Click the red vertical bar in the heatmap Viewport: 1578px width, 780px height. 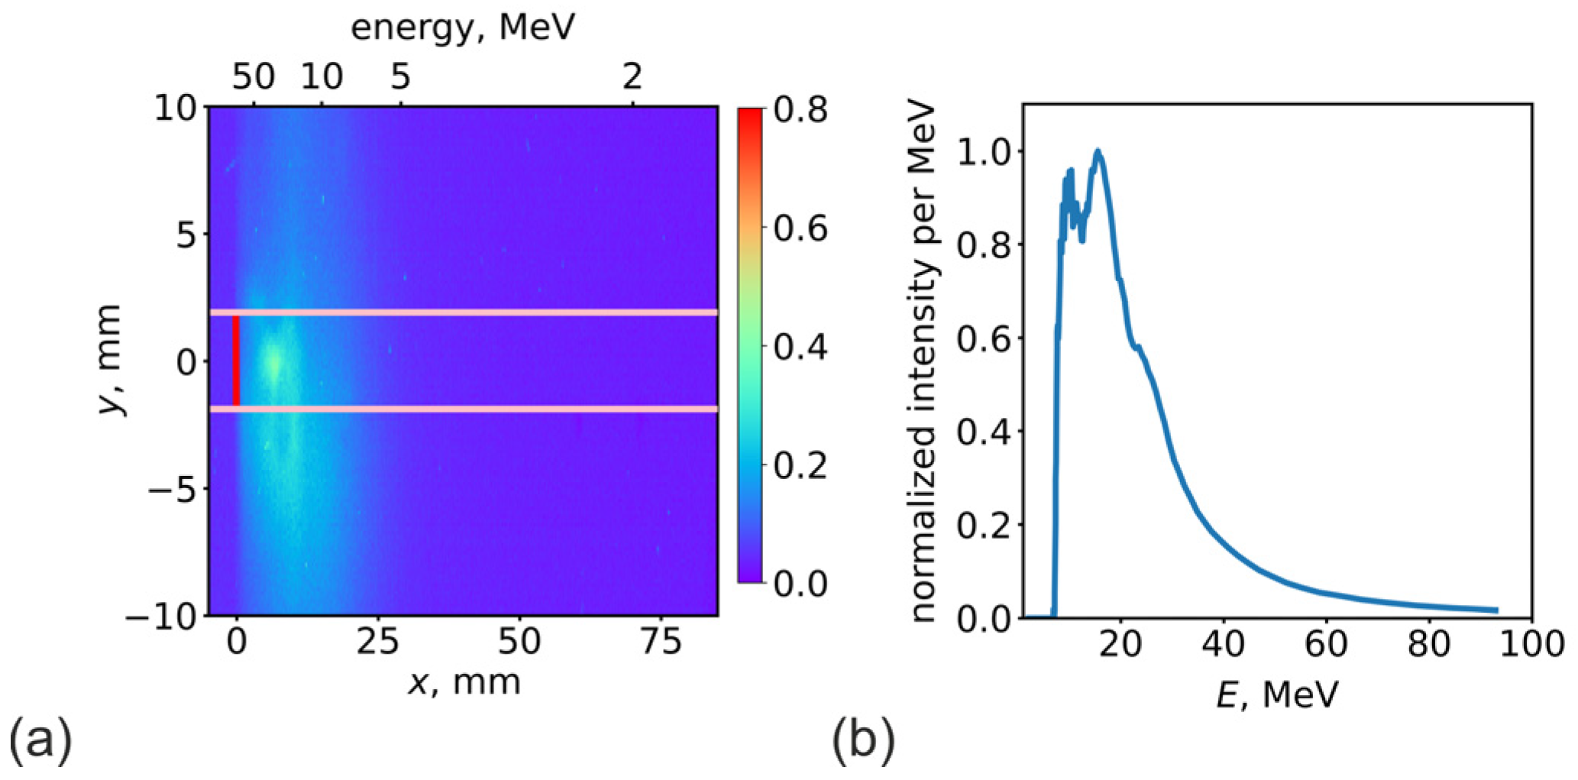click(x=236, y=361)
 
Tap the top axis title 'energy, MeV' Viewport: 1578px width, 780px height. click(x=462, y=28)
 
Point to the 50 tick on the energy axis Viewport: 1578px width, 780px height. click(x=254, y=77)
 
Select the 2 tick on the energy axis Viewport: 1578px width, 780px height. click(x=632, y=77)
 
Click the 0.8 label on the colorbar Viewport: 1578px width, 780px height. click(x=800, y=111)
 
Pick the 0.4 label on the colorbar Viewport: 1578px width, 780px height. click(x=800, y=348)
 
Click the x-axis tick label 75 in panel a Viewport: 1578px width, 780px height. click(x=661, y=642)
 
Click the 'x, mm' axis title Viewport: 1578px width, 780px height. click(x=464, y=681)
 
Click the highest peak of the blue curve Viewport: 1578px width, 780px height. click(x=1098, y=151)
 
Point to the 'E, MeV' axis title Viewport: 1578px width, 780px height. click(x=1277, y=695)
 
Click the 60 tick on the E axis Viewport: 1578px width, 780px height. click(x=1326, y=644)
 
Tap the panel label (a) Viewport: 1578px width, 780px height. click(x=40, y=741)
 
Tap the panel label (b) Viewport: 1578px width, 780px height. click(x=863, y=741)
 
